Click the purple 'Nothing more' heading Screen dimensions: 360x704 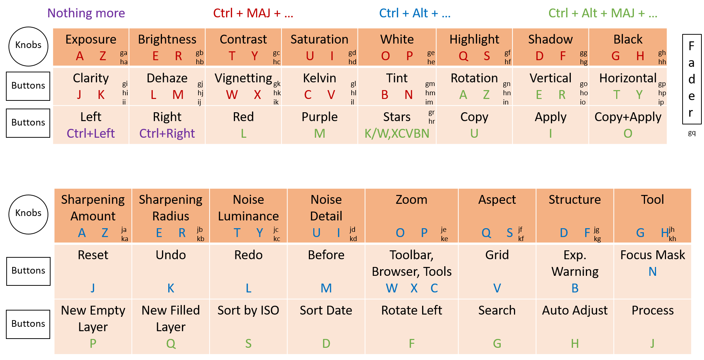point(86,13)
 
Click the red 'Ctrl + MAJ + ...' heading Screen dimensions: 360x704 point(253,13)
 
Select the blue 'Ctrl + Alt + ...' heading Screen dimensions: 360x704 point(415,13)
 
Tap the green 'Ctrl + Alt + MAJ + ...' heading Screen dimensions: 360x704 point(603,13)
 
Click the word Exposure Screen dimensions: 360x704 point(91,40)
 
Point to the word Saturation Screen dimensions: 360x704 point(319,40)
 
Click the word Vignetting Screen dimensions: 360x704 point(243,78)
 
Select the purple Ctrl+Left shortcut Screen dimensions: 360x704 point(91,133)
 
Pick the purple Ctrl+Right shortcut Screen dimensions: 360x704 point(167,133)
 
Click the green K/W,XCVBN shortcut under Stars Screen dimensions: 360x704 point(397,133)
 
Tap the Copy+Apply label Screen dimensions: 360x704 point(628,117)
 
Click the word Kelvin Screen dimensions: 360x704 point(319,78)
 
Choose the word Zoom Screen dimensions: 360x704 point(411,200)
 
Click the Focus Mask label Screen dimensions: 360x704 point(652,255)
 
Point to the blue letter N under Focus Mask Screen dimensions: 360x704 point(652,272)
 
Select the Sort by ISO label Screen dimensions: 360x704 point(248,311)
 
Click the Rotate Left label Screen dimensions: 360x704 point(411,311)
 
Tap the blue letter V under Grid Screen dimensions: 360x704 point(497,288)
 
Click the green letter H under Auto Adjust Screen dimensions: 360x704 point(574,344)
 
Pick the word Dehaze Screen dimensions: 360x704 point(167,78)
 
